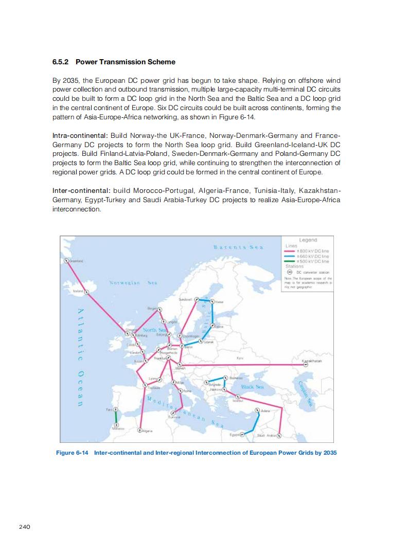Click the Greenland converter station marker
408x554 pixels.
coord(65,261)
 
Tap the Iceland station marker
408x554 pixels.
coord(86,292)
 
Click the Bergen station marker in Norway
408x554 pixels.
coord(159,309)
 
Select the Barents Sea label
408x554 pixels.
coord(238,247)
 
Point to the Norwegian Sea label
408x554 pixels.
coord(133,282)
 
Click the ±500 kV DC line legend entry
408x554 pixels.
coord(308,261)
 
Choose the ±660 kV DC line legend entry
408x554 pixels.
coord(308,256)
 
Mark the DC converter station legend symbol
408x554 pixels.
coord(289,272)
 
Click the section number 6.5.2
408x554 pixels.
coord(62,62)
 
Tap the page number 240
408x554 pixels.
coord(25,526)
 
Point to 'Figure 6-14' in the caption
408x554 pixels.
coord(72,453)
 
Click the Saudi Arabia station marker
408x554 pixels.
coord(279,435)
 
